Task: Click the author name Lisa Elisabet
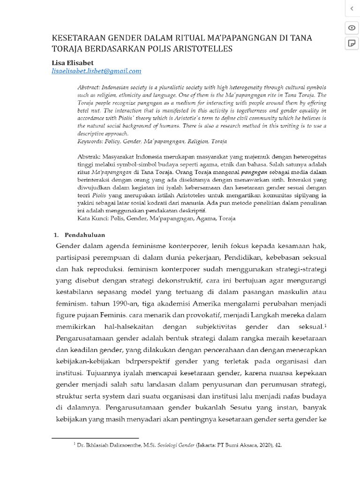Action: pos(72,62)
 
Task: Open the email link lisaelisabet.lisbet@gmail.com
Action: pos(96,71)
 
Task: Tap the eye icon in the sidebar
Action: pos(351,28)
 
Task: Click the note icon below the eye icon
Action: pos(351,43)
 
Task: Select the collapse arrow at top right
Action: pos(351,8)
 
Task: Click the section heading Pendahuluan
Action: pos(85,235)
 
